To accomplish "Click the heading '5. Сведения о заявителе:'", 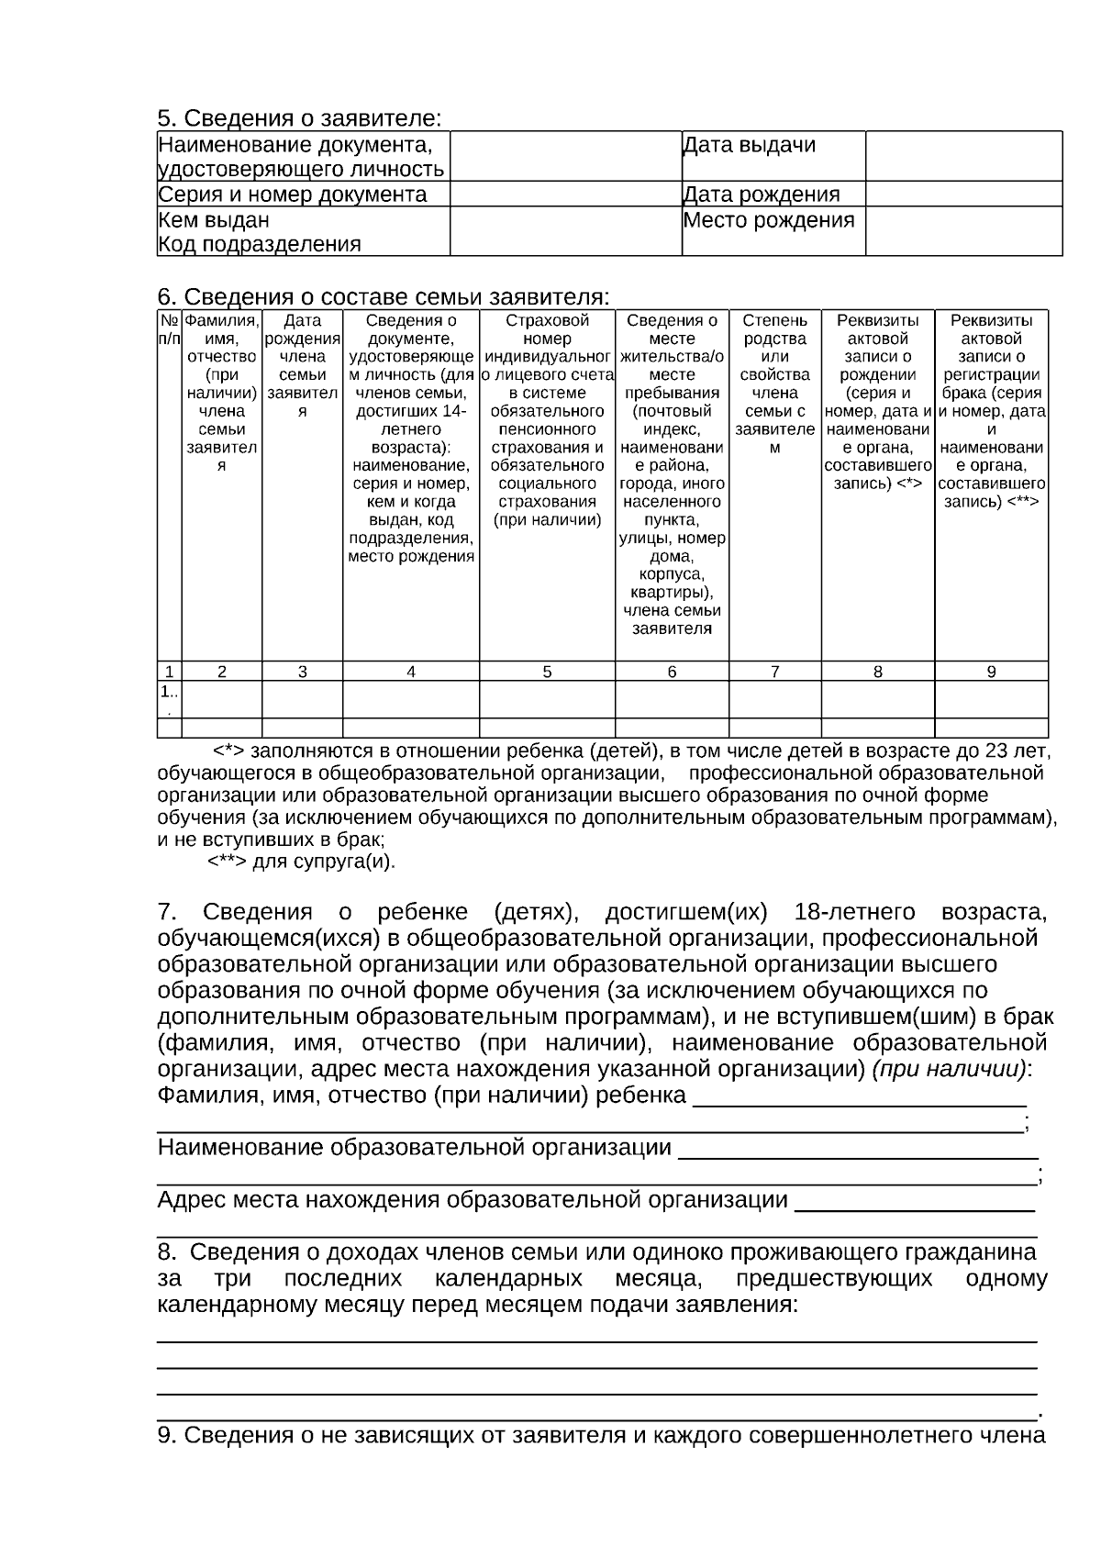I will [299, 118].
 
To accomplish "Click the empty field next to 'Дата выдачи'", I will [963, 155].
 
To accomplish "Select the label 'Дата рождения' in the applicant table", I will [762, 195].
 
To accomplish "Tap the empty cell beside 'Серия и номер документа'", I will [565, 195].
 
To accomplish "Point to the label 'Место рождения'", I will [769, 220].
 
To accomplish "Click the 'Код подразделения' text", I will [260, 244].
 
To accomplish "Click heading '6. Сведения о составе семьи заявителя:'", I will [384, 297].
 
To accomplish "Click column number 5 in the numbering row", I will [547, 672].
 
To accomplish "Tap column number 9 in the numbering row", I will [991, 672].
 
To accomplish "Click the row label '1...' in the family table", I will [169, 698].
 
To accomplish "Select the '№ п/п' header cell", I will [169, 329].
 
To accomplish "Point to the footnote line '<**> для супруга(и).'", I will [301, 862].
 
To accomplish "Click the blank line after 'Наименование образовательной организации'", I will [857, 1149].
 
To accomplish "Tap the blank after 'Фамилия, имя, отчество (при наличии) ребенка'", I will [859, 1096].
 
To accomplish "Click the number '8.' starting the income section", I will [169, 1252].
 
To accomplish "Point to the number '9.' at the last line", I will [167, 1435].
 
